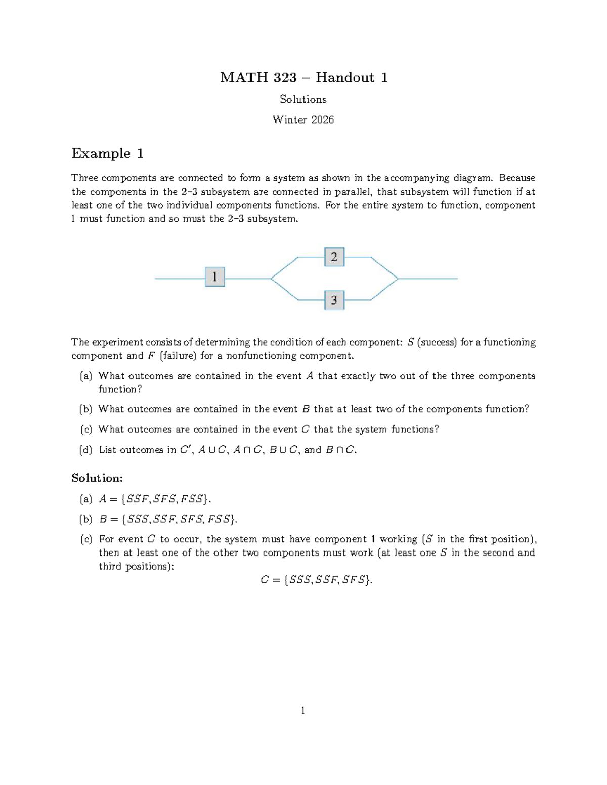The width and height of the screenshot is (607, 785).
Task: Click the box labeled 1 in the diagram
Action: click(x=214, y=277)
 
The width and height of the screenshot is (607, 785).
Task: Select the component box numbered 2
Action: click(x=334, y=257)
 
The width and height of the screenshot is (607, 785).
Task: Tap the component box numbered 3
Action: click(x=334, y=300)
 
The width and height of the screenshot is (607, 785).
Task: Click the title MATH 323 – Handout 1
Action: click(x=303, y=77)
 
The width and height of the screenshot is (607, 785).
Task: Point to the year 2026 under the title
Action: click(x=322, y=120)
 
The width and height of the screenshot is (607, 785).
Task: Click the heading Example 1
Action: click(x=107, y=153)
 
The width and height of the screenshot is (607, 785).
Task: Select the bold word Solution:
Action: click(x=97, y=478)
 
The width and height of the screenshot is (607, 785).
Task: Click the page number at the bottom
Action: click(x=303, y=711)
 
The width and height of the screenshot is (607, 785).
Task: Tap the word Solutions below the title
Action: click(x=303, y=99)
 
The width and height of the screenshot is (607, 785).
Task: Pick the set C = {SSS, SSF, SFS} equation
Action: click(x=316, y=580)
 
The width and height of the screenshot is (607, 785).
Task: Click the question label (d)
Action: click(x=85, y=450)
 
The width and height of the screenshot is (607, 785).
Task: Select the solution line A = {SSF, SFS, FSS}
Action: click(x=154, y=499)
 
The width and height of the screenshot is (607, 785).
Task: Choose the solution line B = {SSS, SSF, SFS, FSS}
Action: click(x=167, y=519)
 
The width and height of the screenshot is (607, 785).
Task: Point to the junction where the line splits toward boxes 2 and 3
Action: click(x=272, y=279)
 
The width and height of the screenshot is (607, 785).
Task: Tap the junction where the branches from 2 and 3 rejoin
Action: click(x=398, y=279)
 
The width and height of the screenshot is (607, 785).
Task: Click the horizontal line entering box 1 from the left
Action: click(x=180, y=279)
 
